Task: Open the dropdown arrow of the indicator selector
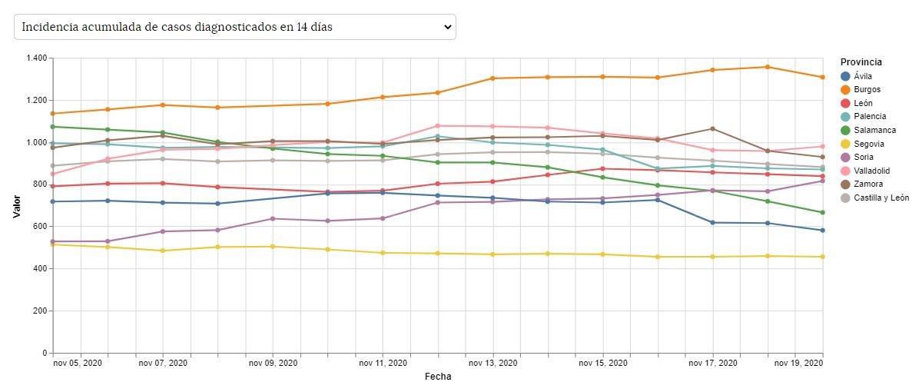click(x=448, y=27)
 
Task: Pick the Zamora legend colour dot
click(x=846, y=184)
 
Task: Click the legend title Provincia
click(x=861, y=62)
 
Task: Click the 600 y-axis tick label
click(x=40, y=227)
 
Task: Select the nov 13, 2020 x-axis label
click(x=494, y=363)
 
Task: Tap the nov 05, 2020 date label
click(x=78, y=363)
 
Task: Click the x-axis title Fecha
click(x=438, y=377)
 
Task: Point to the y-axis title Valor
click(x=16, y=205)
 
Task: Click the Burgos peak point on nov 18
click(x=767, y=67)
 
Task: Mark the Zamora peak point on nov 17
click(x=712, y=129)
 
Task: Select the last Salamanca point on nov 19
click(x=822, y=213)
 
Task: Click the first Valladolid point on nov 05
click(x=53, y=174)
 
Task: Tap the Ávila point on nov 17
click(x=712, y=223)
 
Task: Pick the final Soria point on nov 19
click(x=822, y=181)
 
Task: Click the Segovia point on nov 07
click(x=163, y=251)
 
